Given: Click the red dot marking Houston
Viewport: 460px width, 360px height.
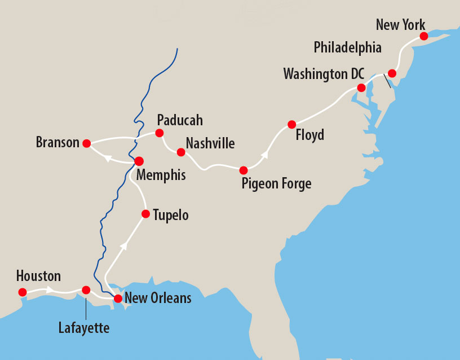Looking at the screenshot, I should pos(22,292).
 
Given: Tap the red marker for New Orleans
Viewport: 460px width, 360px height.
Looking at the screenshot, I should pos(118,298).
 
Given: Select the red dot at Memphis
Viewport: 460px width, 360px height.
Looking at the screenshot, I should pos(139,161).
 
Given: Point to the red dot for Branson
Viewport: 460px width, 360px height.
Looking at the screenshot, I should pos(86,143).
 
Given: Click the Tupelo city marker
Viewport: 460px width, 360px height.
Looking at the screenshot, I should pos(145,214).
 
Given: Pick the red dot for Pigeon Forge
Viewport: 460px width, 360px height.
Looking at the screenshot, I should pos(244,170).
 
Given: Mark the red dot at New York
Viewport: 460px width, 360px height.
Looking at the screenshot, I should pos(423,36).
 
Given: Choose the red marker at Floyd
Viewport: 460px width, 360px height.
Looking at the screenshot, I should pos(291,124).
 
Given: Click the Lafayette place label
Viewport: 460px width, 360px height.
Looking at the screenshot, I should pos(84,327).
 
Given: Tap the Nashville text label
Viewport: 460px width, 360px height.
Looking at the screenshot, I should pos(210,143).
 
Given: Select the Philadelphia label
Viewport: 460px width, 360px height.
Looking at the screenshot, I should pos(347,47).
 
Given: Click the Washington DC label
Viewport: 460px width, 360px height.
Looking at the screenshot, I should pos(324,74).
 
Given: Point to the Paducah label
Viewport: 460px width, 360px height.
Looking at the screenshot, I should pos(180,120).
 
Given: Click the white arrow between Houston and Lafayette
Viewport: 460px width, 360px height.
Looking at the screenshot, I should pos(51,290).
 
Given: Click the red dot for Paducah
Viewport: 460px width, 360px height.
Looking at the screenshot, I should pos(159,133).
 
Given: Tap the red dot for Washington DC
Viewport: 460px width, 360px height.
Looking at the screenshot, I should pos(361,87).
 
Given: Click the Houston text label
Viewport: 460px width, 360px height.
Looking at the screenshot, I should pos(38,276).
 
